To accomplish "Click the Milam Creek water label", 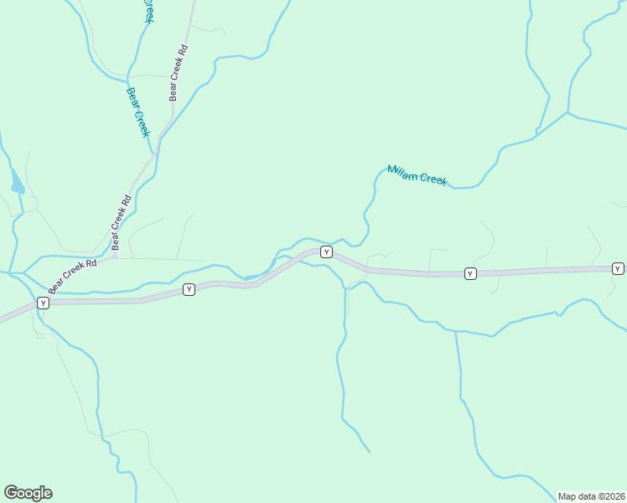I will (417, 174).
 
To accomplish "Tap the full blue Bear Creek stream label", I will (138, 112).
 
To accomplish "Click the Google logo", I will (28, 493).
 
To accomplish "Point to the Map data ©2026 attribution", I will (592, 496).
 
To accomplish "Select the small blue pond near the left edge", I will (18, 181).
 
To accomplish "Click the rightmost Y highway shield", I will (618, 268).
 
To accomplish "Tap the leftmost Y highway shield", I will (43, 302).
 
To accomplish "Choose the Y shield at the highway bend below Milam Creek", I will (326, 251).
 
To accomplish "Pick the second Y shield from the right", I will (470, 273).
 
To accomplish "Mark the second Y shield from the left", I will (189, 289).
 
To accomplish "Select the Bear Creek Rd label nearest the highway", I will (73, 276).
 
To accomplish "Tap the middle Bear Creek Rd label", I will (122, 222).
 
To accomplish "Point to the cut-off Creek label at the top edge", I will (149, 11).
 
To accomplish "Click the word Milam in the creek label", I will (402, 172).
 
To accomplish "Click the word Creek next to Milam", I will (433, 179).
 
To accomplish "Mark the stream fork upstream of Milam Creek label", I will (567, 112).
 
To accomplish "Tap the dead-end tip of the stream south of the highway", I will (370, 452).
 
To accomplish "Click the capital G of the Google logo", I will (12, 493).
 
